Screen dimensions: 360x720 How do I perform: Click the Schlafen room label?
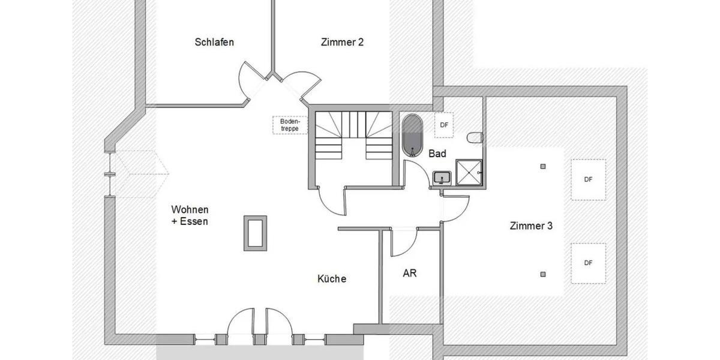[x=214, y=42]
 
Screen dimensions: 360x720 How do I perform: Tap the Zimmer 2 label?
[x=342, y=42]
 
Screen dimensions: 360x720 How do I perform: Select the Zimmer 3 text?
[x=531, y=226]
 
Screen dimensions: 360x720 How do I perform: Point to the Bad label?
[x=437, y=154]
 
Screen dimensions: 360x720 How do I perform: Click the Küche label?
[x=332, y=278]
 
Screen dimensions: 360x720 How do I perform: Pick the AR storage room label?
[x=410, y=273]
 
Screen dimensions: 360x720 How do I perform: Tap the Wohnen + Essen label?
[x=190, y=215]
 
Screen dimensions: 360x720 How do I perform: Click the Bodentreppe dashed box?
[x=290, y=125]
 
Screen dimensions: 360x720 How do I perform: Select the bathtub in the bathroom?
[x=412, y=135]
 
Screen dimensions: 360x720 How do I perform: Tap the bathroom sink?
[x=442, y=178]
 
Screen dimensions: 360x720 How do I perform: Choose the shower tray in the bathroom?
[x=470, y=173]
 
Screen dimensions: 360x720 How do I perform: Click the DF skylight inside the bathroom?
[x=444, y=125]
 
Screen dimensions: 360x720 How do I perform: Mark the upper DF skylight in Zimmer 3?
[x=588, y=179]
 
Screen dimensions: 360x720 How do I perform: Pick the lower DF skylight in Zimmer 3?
[x=588, y=263]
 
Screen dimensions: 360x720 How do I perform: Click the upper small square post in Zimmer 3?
[x=543, y=166]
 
